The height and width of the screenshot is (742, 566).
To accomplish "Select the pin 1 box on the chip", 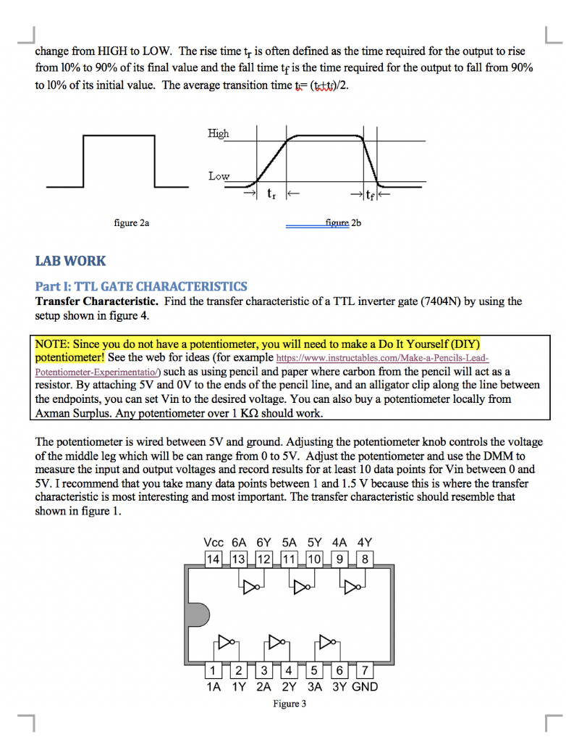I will pos(214,670).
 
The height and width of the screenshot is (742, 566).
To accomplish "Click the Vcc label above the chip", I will pos(214,542).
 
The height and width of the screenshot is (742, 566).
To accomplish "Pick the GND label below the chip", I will pos(364,686).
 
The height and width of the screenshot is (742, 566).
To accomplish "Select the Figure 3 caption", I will pos(289,704).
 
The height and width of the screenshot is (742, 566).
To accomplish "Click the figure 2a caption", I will pos(132,223).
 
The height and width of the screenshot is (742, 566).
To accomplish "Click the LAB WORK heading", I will pos(70,261).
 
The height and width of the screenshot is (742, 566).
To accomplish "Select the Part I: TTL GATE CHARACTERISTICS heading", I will pos(141,286).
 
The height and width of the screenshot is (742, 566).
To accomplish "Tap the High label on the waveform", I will pos(218,133).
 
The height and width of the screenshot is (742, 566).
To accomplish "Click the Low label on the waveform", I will pos(219,176).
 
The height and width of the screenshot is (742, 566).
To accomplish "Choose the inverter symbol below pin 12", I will pos(250,585).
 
